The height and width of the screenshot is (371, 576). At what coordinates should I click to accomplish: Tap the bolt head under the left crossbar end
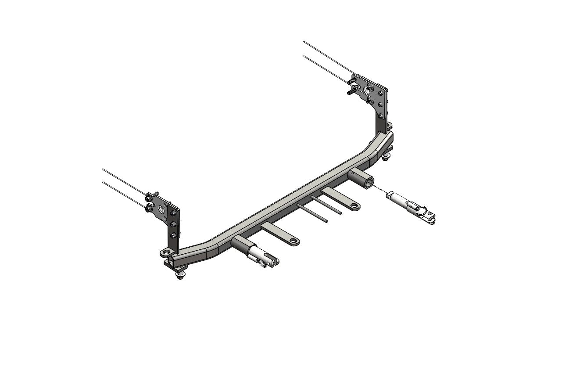(180, 276)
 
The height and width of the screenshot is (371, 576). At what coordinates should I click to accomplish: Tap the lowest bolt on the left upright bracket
(175, 236)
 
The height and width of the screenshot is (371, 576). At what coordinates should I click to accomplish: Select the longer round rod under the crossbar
(312, 213)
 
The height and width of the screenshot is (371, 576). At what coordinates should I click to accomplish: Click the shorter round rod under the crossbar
(326, 205)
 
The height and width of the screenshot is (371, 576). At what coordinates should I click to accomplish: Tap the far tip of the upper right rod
(304, 42)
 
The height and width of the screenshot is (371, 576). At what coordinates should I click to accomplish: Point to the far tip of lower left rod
(103, 182)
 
